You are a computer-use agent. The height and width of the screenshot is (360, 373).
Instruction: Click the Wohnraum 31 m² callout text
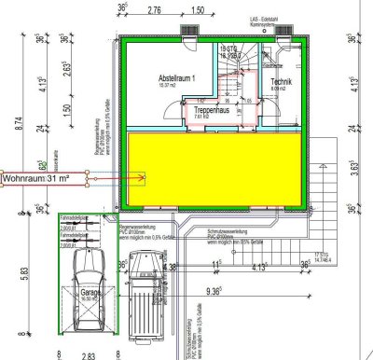click(42, 177)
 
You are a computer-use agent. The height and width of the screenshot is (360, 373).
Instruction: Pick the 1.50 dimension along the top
click(197, 9)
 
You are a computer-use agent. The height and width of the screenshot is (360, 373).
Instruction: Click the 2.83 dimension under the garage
click(90, 355)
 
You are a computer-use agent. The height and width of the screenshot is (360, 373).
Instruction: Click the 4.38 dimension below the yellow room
click(170, 267)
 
